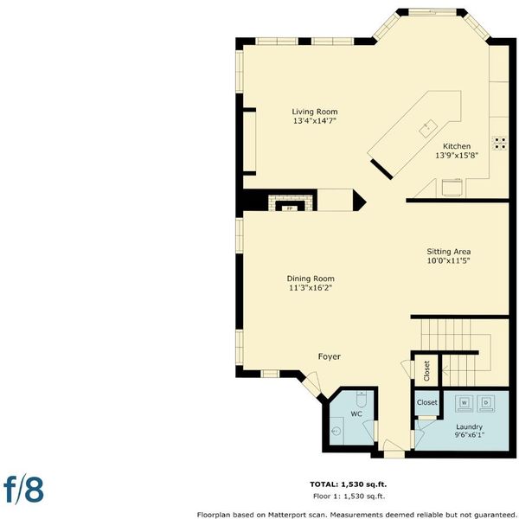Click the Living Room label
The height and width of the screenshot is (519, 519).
(x=315, y=112)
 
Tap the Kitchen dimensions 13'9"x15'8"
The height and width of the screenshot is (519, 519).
(x=457, y=155)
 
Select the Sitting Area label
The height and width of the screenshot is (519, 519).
(x=448, y=252)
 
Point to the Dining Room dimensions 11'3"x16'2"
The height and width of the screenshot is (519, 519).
(x=311, y=288)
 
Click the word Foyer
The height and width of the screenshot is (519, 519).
(x=329, y=356)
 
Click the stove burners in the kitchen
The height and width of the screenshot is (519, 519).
(x=499, y=143)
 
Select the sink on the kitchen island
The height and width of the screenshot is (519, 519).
(x=429, y=128)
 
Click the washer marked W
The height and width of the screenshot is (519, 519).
(x=464, y=403)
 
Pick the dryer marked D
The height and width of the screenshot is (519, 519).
(x=486, y=403)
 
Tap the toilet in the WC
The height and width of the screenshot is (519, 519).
(x=361, y=399)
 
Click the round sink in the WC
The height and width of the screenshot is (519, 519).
(x=336, y=432)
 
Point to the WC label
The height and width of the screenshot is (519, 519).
(x=356, y=413)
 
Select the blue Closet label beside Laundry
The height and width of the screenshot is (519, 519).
(x=427, y=402)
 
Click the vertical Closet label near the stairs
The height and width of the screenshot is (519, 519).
(x=426, y=370)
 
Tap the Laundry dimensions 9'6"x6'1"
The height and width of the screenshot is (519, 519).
(x=470, y=435)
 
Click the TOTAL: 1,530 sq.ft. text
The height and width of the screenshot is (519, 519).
(x=349, y=484)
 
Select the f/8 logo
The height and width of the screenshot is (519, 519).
(x=24, y=490)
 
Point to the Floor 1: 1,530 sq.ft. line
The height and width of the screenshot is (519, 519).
(x=349, y=497)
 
